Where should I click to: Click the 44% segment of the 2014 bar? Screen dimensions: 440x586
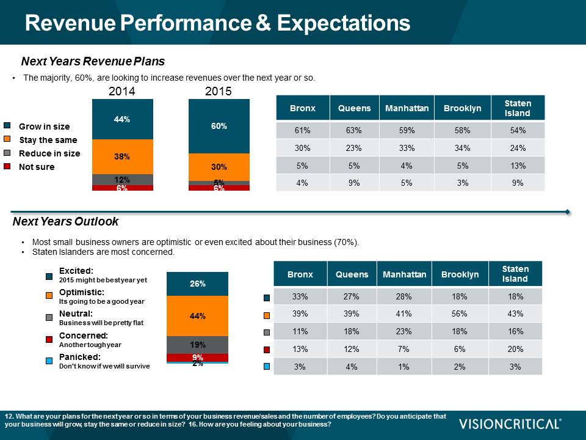tap(122, 119)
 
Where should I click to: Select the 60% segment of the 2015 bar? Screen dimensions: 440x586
tap(219, 126)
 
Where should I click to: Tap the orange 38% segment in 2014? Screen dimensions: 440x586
tap(122, 156)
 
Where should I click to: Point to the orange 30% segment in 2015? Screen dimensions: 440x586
tap(219, 167)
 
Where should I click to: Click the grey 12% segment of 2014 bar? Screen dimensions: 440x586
tap(122, 179)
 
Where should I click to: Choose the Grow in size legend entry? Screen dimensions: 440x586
tap(44, 127)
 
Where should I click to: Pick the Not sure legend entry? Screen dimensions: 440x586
tap(37, 167)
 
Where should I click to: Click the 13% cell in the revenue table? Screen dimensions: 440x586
tap(518, 165)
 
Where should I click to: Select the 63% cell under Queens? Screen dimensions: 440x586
tap(354, 131)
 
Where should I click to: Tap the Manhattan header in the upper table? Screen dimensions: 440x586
tap(407, 108)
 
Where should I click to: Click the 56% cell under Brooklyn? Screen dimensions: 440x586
tap(459, 314)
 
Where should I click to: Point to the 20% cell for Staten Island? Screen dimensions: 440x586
tap(515, 348)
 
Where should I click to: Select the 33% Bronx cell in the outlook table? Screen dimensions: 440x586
tap(300, 297)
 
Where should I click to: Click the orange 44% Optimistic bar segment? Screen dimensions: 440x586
tap(197, 316)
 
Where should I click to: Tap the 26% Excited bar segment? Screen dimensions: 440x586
tap(197, 284)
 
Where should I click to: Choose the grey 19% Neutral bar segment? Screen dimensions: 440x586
tap(197, 345)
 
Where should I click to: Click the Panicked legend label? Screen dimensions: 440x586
tap(79, 357)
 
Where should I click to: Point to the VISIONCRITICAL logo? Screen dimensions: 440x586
tap(510, 424)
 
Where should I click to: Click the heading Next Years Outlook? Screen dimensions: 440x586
tap(65, 222)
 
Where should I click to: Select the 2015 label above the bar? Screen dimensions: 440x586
tap(219, 92)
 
